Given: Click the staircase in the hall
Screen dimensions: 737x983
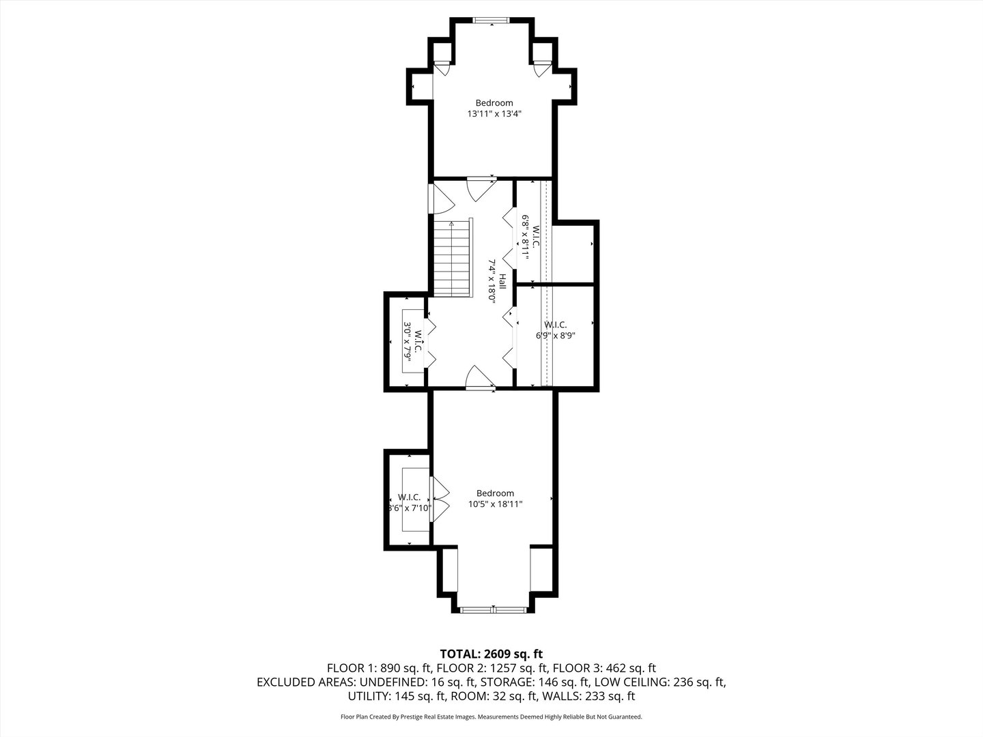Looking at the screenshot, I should point(453,259).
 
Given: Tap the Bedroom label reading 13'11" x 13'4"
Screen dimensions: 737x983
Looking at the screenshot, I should point(494,109).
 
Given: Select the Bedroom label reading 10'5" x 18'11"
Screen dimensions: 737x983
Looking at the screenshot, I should point(495,499).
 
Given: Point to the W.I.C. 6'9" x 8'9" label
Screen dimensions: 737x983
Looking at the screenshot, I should point(555,330).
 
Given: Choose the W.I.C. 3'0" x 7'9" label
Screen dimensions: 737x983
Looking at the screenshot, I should point(413,341).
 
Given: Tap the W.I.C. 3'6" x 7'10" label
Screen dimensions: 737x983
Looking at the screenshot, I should point(409,502).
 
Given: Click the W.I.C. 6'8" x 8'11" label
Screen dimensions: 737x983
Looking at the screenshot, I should point(531,235).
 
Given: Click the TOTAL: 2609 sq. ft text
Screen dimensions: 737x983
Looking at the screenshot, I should point(491,653).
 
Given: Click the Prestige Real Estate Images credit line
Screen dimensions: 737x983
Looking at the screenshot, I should point(491,717).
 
